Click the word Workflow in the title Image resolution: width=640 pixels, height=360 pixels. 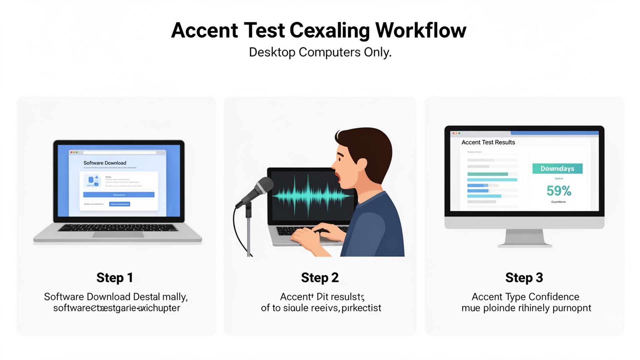pyautogui.click(x=421, y=30)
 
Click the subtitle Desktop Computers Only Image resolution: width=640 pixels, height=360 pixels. pyautogui.click(x=320, y=52)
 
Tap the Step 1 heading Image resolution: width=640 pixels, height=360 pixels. pyautogui.click(x=115, y=278)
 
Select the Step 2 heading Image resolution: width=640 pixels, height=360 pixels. pyautogui.click(x=320, y=278)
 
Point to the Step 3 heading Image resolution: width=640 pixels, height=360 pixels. pyautogui.click(x=524, y=278)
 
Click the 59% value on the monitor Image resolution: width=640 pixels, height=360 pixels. pyautogui.click(x=559, y=191)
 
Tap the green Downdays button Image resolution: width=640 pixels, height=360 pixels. pyautogui.click(x=557, y=169)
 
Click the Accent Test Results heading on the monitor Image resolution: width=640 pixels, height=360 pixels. pyautogui.click(x=488, y=142)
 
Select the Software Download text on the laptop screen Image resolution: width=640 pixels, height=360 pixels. pyautogui.click(x=105, y=163)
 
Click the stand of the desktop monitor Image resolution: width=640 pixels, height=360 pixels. pyautogui.click(x=525, y=238)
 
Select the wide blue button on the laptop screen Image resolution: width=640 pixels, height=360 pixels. pyautogui.click(x=119, y=195)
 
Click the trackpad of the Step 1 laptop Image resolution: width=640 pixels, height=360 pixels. pyautogui.click(x=118, y=235)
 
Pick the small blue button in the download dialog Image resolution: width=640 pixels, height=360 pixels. pyautogui.click(x=119, y=204)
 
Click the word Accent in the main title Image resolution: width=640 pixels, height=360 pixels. pyautogui.click(x=204, y=30)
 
